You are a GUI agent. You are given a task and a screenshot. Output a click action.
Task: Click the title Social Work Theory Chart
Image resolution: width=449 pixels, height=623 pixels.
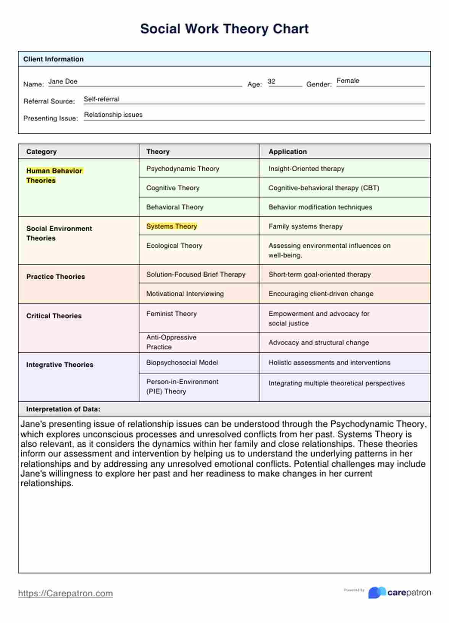(x=224, y=29)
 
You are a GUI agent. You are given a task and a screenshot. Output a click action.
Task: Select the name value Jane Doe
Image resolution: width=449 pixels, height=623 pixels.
(x=63, y=81)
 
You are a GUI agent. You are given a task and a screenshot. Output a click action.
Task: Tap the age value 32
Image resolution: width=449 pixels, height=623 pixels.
(x=271, y=81)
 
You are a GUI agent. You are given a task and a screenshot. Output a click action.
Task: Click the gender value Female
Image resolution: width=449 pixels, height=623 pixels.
(x=348, y=81)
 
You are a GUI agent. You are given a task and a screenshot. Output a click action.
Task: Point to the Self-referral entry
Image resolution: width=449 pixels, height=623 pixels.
(x=102, y=99)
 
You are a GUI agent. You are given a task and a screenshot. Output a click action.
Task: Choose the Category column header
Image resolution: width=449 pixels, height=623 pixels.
(x=41, y=152)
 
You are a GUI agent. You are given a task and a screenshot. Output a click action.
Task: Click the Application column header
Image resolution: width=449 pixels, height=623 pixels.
(x=287, y=152)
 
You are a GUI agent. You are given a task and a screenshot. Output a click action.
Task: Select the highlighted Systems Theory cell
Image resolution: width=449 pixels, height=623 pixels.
(x=172, y=226)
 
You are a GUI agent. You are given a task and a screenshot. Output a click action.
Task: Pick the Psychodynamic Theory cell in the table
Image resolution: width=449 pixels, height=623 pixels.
(x=183, y=169)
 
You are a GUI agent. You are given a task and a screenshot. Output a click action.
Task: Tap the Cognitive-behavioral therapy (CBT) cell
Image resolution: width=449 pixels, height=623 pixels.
(x=324, y=188)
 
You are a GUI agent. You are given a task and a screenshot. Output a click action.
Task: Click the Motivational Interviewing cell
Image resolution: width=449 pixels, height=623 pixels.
(x=185, y=294)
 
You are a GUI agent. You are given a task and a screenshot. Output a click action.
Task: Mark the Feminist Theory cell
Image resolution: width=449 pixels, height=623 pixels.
(x=171, y=313)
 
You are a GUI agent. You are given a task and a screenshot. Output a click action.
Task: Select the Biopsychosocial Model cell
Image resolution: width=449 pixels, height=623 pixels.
(x=182, y=362)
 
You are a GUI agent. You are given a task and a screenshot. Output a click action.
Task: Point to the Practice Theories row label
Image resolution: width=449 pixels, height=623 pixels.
(x=56, y=277)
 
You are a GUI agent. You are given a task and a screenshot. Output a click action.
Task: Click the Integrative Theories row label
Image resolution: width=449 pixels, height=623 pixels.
(x=60, y=365)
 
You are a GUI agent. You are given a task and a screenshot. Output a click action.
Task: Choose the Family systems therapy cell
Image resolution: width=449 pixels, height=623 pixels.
(x=305, y=226)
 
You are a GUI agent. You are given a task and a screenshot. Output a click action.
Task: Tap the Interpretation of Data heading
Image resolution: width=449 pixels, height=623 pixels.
(x=63, y=409)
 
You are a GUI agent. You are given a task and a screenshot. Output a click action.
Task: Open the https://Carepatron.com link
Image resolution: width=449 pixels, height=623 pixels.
(x=66, y=593)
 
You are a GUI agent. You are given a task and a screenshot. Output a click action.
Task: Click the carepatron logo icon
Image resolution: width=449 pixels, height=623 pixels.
(x=377, y=592)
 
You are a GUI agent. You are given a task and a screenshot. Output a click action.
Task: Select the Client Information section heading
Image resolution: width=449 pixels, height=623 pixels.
(x=53, y=59)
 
